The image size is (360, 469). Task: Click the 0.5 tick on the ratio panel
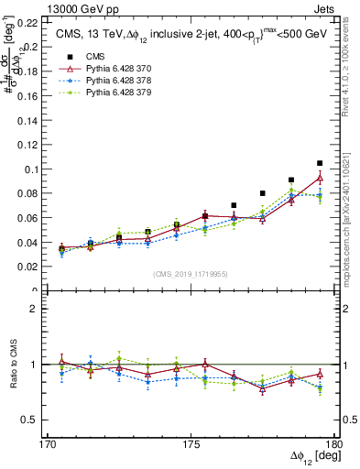coord(30,420)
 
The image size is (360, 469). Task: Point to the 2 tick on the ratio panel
coord(34,309)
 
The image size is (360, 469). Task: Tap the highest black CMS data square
coord(320,163)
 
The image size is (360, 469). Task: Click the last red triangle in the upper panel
coord(320,178)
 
